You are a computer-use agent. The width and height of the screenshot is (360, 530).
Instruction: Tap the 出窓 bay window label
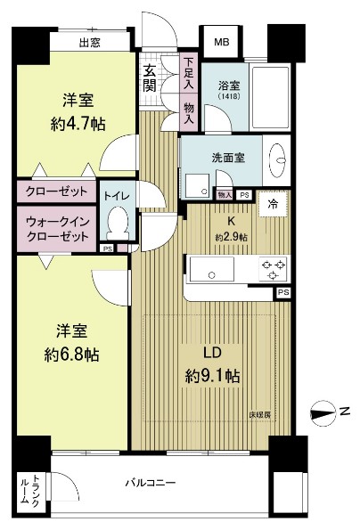click(x=88, y=42)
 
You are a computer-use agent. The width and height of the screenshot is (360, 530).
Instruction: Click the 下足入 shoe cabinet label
click(x=189, y=69)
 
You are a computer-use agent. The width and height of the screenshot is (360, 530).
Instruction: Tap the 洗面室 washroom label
click(x=228, y=157)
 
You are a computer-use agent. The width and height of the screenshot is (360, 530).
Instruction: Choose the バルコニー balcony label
click(x=150, y=483)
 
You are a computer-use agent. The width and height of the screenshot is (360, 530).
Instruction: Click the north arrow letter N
click(x=342, y=411)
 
